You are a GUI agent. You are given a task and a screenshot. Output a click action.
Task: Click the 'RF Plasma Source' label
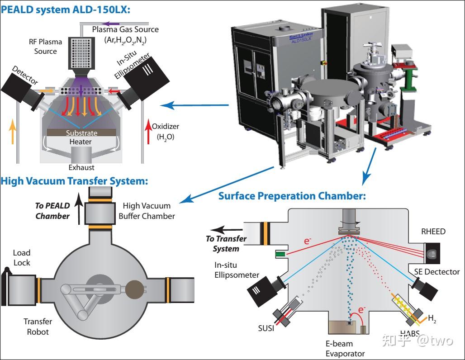[45, 47]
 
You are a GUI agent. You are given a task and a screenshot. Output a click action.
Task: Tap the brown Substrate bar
[81, 133]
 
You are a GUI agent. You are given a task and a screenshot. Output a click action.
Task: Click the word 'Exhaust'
[81, 167]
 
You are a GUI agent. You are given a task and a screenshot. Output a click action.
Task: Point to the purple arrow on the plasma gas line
[111, 24]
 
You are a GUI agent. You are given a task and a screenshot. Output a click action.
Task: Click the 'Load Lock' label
[22, 258]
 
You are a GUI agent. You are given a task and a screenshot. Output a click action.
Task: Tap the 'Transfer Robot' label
[38, 327]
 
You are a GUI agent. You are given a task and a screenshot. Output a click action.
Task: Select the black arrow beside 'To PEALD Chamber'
[79, 208]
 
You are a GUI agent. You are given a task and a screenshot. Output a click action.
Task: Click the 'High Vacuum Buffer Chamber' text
[147, 211]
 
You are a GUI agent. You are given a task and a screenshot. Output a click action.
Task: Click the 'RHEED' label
[433, 231]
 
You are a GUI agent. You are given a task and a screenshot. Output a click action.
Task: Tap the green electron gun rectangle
[280, 254]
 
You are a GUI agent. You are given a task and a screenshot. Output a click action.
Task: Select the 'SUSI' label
[266, 328]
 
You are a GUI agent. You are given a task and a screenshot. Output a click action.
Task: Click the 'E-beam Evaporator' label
[345, 349]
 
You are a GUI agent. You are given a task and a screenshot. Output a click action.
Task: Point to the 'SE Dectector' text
[437, 272]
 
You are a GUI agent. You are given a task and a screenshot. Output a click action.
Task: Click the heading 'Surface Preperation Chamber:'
[292, 196]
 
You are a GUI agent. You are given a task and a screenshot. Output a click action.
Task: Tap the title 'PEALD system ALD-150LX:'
[66, 9]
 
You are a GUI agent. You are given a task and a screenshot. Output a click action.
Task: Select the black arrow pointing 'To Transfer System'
[227, 229]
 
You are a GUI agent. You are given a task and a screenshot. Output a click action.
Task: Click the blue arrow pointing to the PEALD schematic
[194, 105]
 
